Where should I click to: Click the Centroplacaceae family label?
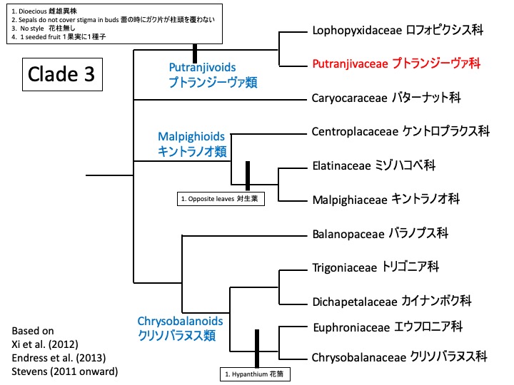pyautogui.click(x=400, y=131)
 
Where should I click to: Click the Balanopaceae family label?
pyautogui.click(x=380, y=232)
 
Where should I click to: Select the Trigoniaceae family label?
pyautogui.click(x=376, y=267)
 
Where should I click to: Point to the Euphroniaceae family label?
pyautogui.click(x=388, y=327)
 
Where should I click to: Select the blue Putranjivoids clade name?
pyautogui.click(x=212, y=74)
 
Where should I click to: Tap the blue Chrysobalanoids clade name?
pyautogui.click(x=178, y=327)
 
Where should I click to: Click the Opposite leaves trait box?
pyautogui.click(x=221, y=199)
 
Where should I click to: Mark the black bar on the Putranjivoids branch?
pyautogui.click(x=194, y=52)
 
